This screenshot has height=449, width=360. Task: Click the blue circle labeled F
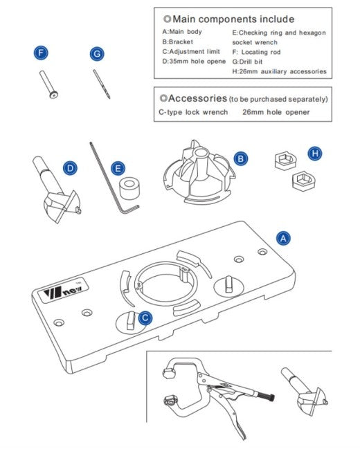[x=42, y=53]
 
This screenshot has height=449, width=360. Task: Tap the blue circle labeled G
[x=97, y=53]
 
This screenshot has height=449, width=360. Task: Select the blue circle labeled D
[x=70, y=167]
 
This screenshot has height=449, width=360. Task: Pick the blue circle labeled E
[x=118, y=168]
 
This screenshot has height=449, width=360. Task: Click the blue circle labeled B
[x=241, y=158]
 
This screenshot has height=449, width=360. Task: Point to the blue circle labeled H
[x=315, y=153]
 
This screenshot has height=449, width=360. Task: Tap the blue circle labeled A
[x=282, y=237]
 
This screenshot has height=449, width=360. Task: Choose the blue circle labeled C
[x=145, y=318]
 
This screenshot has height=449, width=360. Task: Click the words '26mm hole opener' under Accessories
[x=276, y=111]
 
